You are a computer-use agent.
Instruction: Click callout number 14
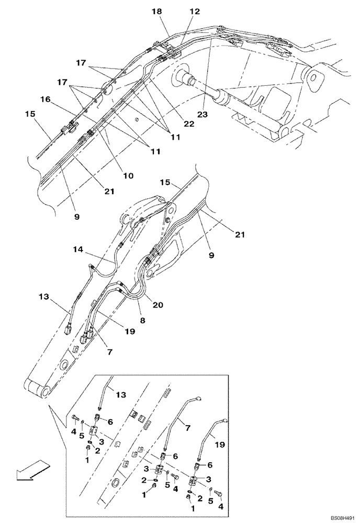(78, 251)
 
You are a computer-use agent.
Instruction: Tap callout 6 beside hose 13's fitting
(111, 421)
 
